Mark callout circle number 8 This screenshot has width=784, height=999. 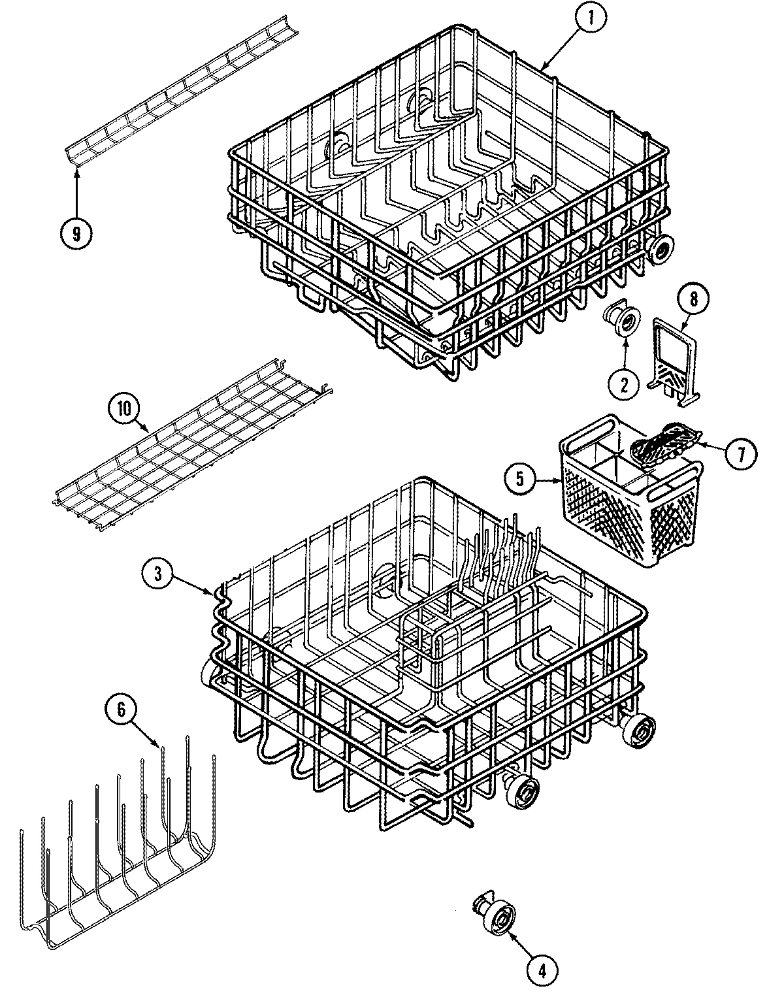[693, 299]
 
